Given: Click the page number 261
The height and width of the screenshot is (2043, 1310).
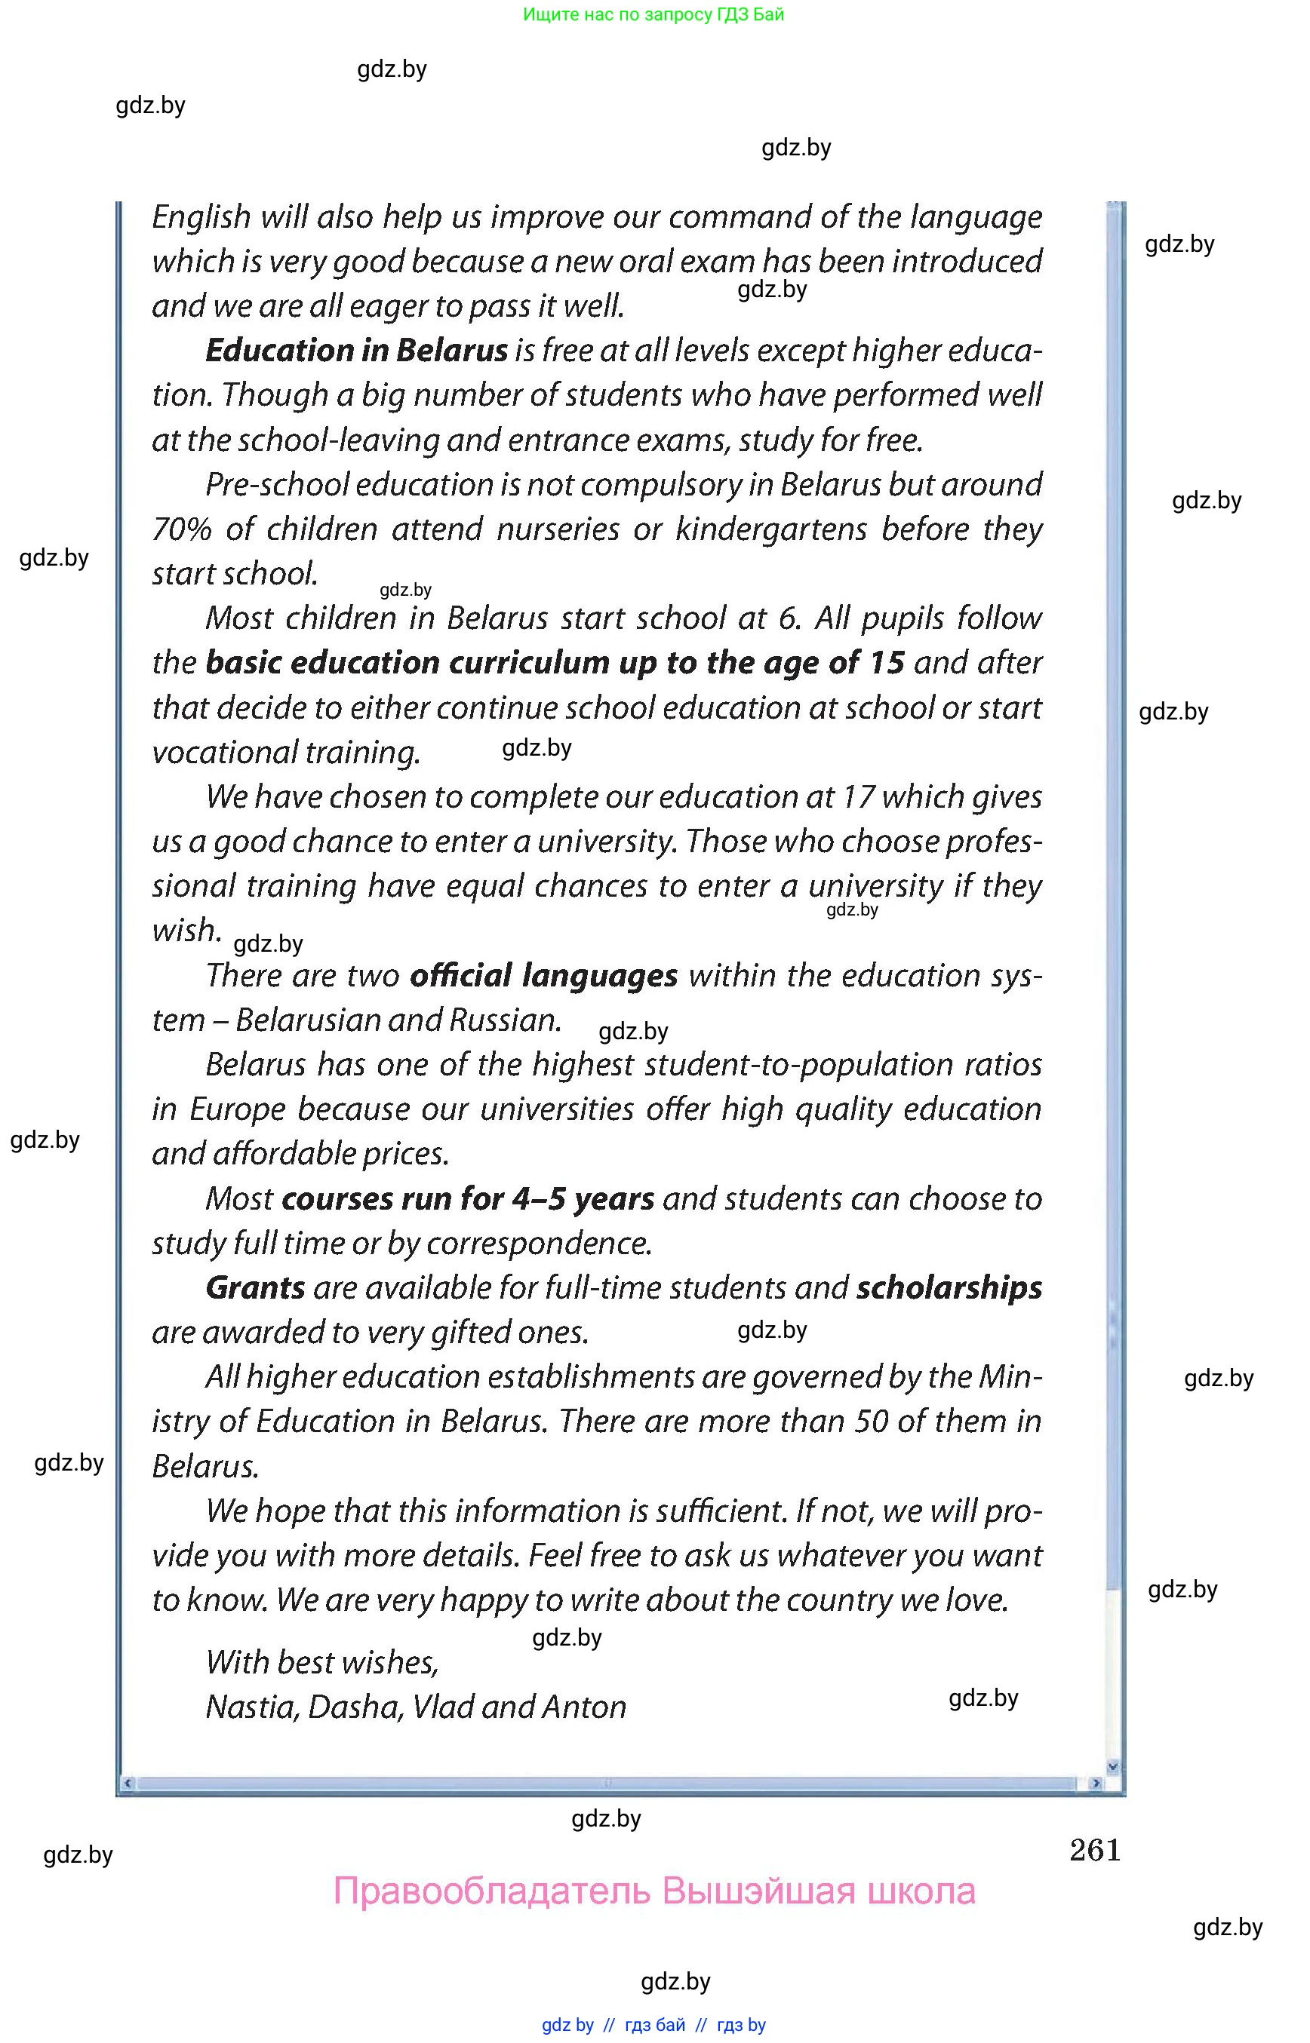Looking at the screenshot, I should [1095, 1850].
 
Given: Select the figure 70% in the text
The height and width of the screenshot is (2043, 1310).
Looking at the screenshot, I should [181, 529].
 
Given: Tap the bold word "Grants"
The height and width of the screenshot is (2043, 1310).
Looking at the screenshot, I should [255, 1288].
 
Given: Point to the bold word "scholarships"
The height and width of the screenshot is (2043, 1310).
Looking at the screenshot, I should [949, 1288].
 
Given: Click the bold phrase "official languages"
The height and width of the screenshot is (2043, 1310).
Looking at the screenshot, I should [543, 976].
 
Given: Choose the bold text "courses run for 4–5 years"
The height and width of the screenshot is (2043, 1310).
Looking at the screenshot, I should [468, 1199].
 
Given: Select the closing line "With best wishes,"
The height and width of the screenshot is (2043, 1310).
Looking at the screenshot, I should [321, 1662].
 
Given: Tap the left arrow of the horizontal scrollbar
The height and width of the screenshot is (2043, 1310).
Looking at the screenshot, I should [128, 1783].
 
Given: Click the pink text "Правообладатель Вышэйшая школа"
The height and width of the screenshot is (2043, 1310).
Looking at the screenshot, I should [654, 1891].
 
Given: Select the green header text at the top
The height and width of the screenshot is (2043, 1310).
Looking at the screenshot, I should [653, 14].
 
